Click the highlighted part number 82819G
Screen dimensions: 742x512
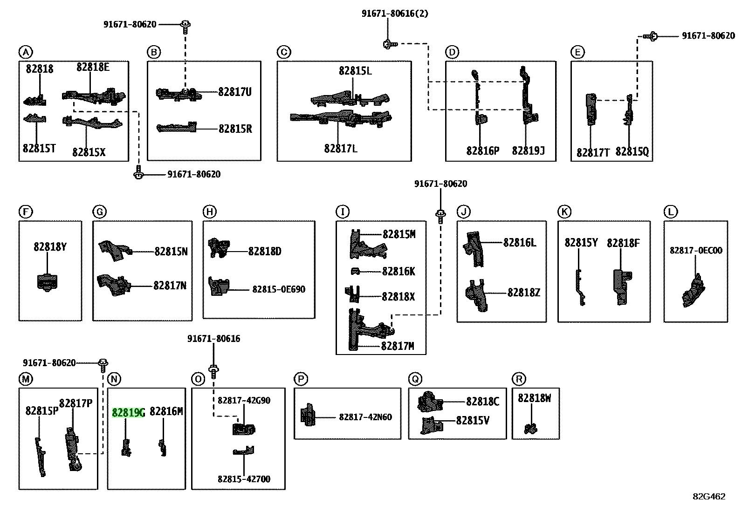[x=128, y=413]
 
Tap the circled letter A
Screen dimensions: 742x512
[x=26, y=52]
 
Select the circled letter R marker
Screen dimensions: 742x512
[x=519, y=379]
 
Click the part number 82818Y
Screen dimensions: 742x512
[x=50, y=247]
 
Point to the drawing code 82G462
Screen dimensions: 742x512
[x=709, y=497]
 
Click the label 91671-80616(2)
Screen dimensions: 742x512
[x=395, y=14]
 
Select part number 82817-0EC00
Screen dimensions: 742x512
[x=696, y=250]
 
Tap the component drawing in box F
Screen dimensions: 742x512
[x=47, y=282]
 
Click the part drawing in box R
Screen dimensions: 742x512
[x=531, y=429]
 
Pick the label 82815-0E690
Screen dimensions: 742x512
[x=279, y=289]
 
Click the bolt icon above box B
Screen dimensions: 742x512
[x=185, y=27]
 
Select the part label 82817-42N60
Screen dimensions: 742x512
[x=365, y=417]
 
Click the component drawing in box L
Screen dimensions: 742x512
[x=694, y=290]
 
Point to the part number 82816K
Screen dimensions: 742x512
[x=398, y=272]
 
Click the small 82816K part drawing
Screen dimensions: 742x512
[x=355, y=271]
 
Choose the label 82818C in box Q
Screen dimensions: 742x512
[x=483, y=402]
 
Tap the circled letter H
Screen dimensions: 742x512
[x=209, y=212]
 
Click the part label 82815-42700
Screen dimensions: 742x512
[x=244, y=479]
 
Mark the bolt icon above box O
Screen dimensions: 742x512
[x=213, y=372]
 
